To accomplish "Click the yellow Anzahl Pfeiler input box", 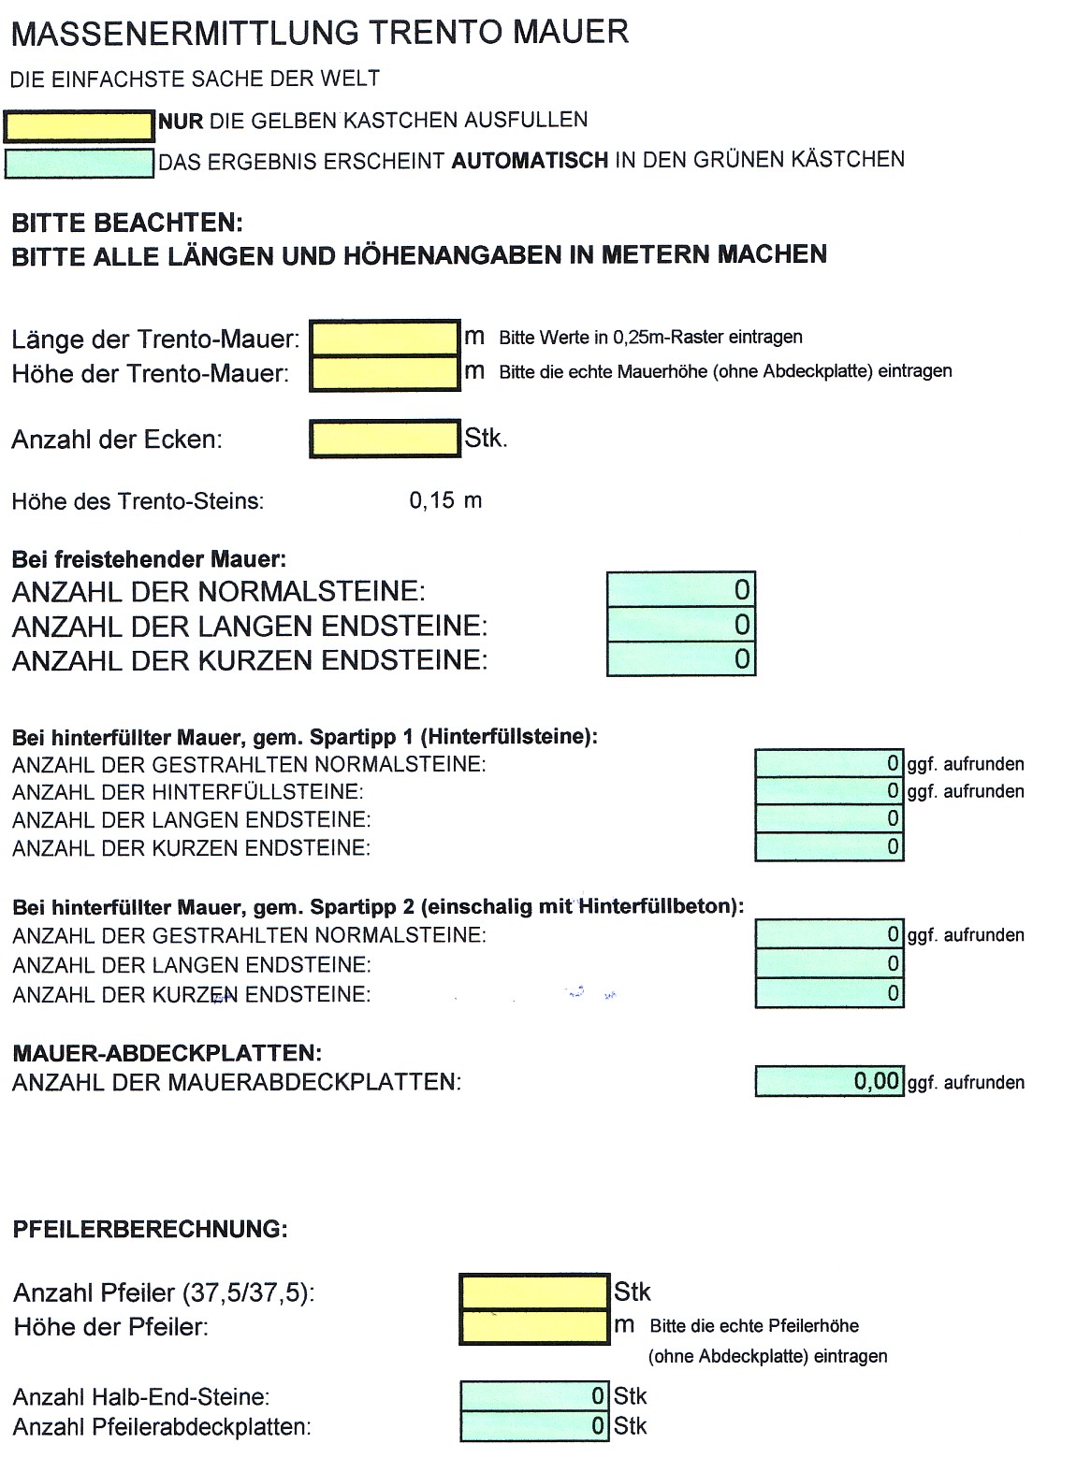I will pos(534,1292).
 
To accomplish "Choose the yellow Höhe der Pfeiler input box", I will pos(534,1326).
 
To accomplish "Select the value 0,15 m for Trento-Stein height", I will pos(445,500).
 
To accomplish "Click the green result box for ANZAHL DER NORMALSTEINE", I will pos(680,590).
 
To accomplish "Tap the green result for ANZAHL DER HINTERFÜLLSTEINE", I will pos(829,791).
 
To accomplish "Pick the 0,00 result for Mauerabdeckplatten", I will pos(829,1082).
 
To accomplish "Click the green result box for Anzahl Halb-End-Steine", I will pos(534,1396).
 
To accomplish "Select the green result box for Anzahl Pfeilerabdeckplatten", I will pos(534,1426).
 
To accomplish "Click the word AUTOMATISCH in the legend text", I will pos(530,160).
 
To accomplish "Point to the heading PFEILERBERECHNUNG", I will pos(151,1229).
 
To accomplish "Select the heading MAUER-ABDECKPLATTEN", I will pos(167,1053).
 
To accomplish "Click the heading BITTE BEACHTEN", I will pos(126,224).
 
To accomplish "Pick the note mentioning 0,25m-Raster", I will pos(650,338).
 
